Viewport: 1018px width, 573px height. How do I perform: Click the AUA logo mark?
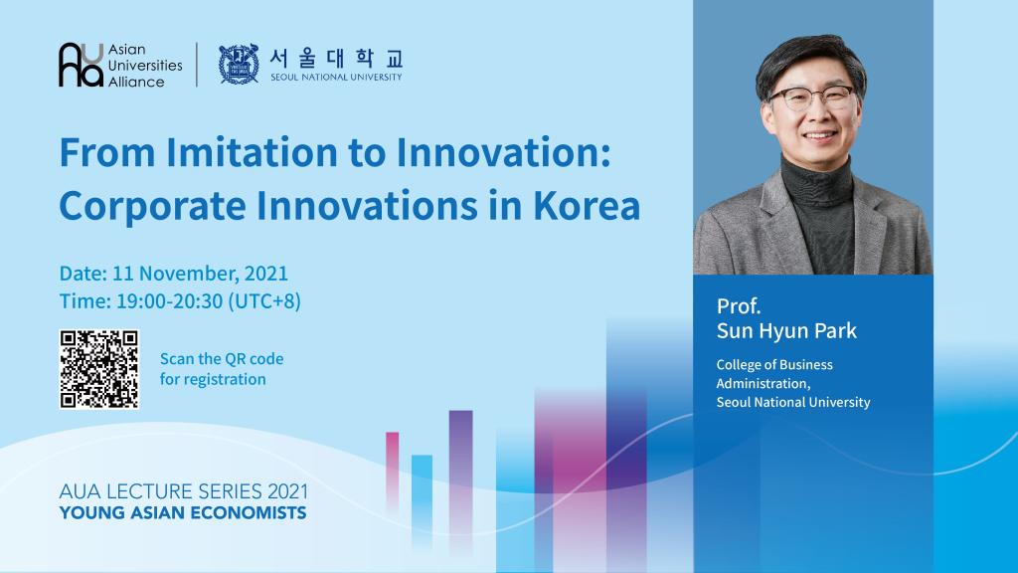click(82, 65)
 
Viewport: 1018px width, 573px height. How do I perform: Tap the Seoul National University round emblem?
click(239, 64)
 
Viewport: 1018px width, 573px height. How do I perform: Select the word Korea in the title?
click(587, 206)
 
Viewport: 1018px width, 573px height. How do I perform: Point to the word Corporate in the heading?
click(152, 207)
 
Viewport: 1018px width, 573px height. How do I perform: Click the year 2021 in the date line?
click(266, 273)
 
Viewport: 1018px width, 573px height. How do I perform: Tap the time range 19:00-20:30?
click(169, 300)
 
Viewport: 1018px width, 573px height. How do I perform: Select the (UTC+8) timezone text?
click(264, 301)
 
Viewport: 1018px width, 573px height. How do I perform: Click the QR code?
click(98, 369)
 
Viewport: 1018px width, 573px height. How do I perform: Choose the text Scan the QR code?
click(222, 358)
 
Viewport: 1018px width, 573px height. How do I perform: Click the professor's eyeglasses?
click(813, 98)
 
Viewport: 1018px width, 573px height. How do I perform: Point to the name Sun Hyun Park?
click(786, 331)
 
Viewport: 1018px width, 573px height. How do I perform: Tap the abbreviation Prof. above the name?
click(739, 305)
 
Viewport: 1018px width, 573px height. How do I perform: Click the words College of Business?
click(773, 364)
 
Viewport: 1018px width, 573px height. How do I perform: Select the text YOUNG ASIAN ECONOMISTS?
click(183, 513)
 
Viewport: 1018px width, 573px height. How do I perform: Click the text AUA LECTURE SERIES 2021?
click(184, 491)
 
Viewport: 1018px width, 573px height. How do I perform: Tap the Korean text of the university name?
click(336, 59)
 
